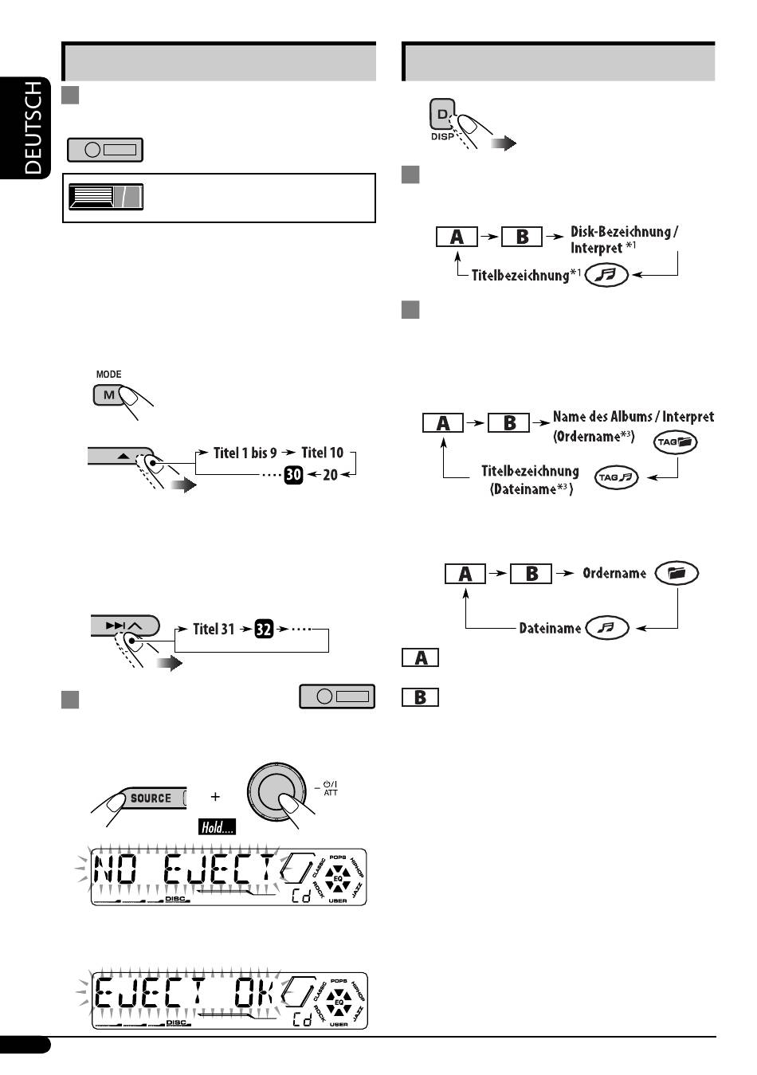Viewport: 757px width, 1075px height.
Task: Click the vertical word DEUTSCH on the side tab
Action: pyautogui.click(x=33, y=127)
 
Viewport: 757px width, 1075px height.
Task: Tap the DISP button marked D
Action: pyautogui.click(x=441, y=115)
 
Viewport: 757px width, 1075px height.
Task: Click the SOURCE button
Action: pyautogui.click(x=151, y=798)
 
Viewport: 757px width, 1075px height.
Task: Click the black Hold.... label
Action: pyautogui.click(x=218, y=827)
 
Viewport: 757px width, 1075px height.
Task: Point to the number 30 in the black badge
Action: pyautogui.click(x=294, y=476)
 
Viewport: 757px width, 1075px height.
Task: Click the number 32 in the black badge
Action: pyautogui.click(x=265, y=629)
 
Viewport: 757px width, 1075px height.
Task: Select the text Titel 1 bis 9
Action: pyautogui.click(x=245, y=453)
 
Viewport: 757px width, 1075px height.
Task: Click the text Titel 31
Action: pyautogui.click(x=214, y=629)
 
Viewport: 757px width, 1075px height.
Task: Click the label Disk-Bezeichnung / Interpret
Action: pyautogui.click(x=624, y=239)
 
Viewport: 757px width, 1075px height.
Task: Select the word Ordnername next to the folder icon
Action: pyautogui.click(x=614, y=573)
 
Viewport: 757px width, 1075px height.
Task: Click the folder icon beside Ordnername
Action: pyautogui.click(x=677, y=573)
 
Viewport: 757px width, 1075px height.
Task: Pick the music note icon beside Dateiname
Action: pyautogui.click(x=606, y=628)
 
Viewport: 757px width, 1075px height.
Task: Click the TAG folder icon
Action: pyautogui.click(x=676, y=442)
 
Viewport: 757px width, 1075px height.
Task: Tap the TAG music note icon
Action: pyautogui.click(x=617, y=477)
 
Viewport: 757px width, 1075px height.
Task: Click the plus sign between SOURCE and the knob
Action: pyautogui.click(x=215, y=796)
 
